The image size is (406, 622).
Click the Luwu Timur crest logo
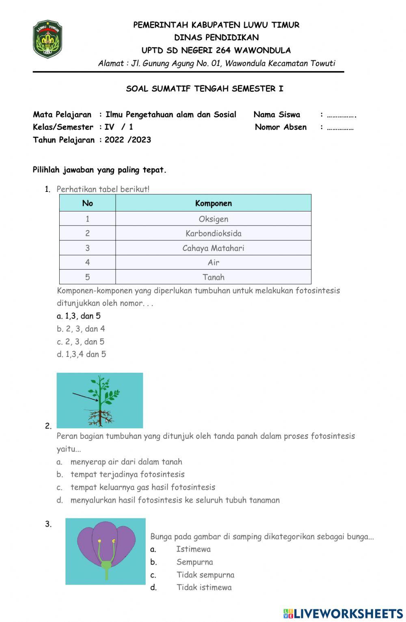(48, 39)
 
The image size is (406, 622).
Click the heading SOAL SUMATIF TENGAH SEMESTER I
(205, 89)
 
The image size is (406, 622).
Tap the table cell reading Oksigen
(213, 219)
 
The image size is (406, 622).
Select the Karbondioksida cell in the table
(213, 233)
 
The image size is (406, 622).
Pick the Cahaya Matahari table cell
(213, 248)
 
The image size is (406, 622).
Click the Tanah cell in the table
(213, 277)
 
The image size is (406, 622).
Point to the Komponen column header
(213, 203)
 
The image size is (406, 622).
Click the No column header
(87, 203)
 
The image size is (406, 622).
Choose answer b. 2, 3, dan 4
(81, 329)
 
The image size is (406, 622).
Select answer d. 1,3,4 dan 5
(81, 354)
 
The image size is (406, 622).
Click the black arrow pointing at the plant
(85, 397)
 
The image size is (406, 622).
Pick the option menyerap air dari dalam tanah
(126, 462)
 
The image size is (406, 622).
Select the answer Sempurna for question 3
(194, 562)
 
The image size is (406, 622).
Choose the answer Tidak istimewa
(204, 587)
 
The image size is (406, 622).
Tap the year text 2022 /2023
(127, 140)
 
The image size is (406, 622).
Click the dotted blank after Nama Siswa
(341, 115)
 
